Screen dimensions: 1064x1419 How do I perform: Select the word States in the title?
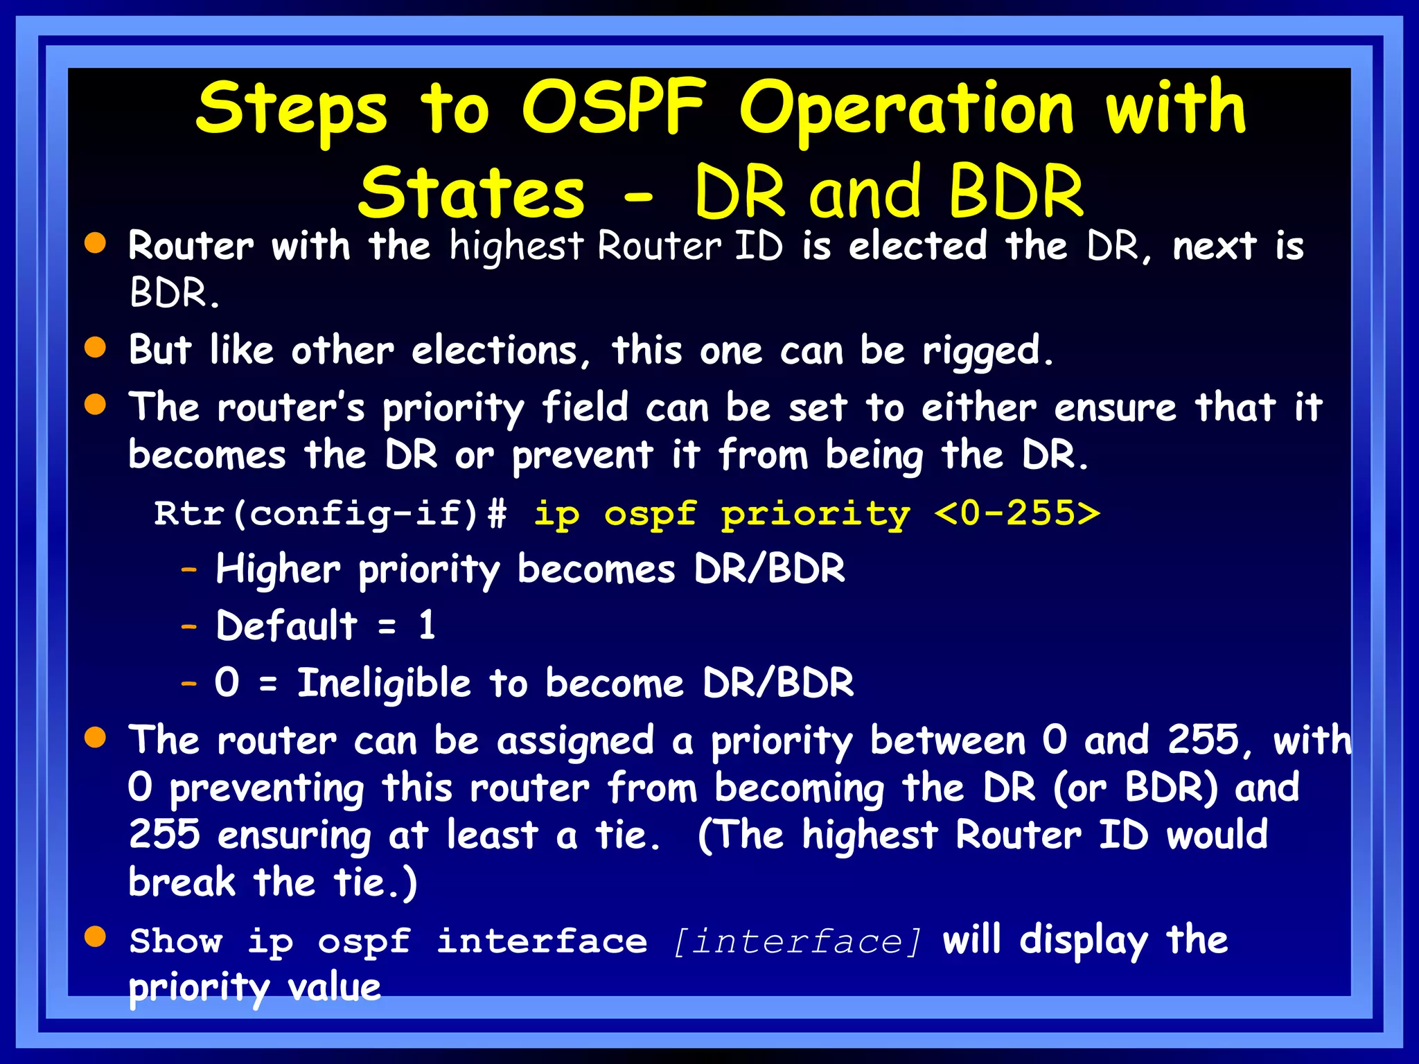[x=471, y=194]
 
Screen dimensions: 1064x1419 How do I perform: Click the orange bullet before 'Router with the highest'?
[x=96, y=243]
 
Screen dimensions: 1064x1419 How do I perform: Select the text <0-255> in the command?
[x=1016, y=513]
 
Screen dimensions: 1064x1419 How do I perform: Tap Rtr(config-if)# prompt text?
[x=330, y=515]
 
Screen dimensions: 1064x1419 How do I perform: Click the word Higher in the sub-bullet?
[x=278, y=569]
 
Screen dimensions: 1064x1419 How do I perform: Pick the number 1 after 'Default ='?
[x=427, y=626]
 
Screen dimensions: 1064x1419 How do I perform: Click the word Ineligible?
[x=385, y=684]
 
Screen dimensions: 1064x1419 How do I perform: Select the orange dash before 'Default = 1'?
[x=189, y=627]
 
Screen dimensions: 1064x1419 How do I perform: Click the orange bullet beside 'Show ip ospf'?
[x=96, y=937]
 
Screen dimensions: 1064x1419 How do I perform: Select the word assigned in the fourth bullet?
[x=575, y=741]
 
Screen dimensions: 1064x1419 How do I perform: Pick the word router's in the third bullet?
[x=291, y=407]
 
